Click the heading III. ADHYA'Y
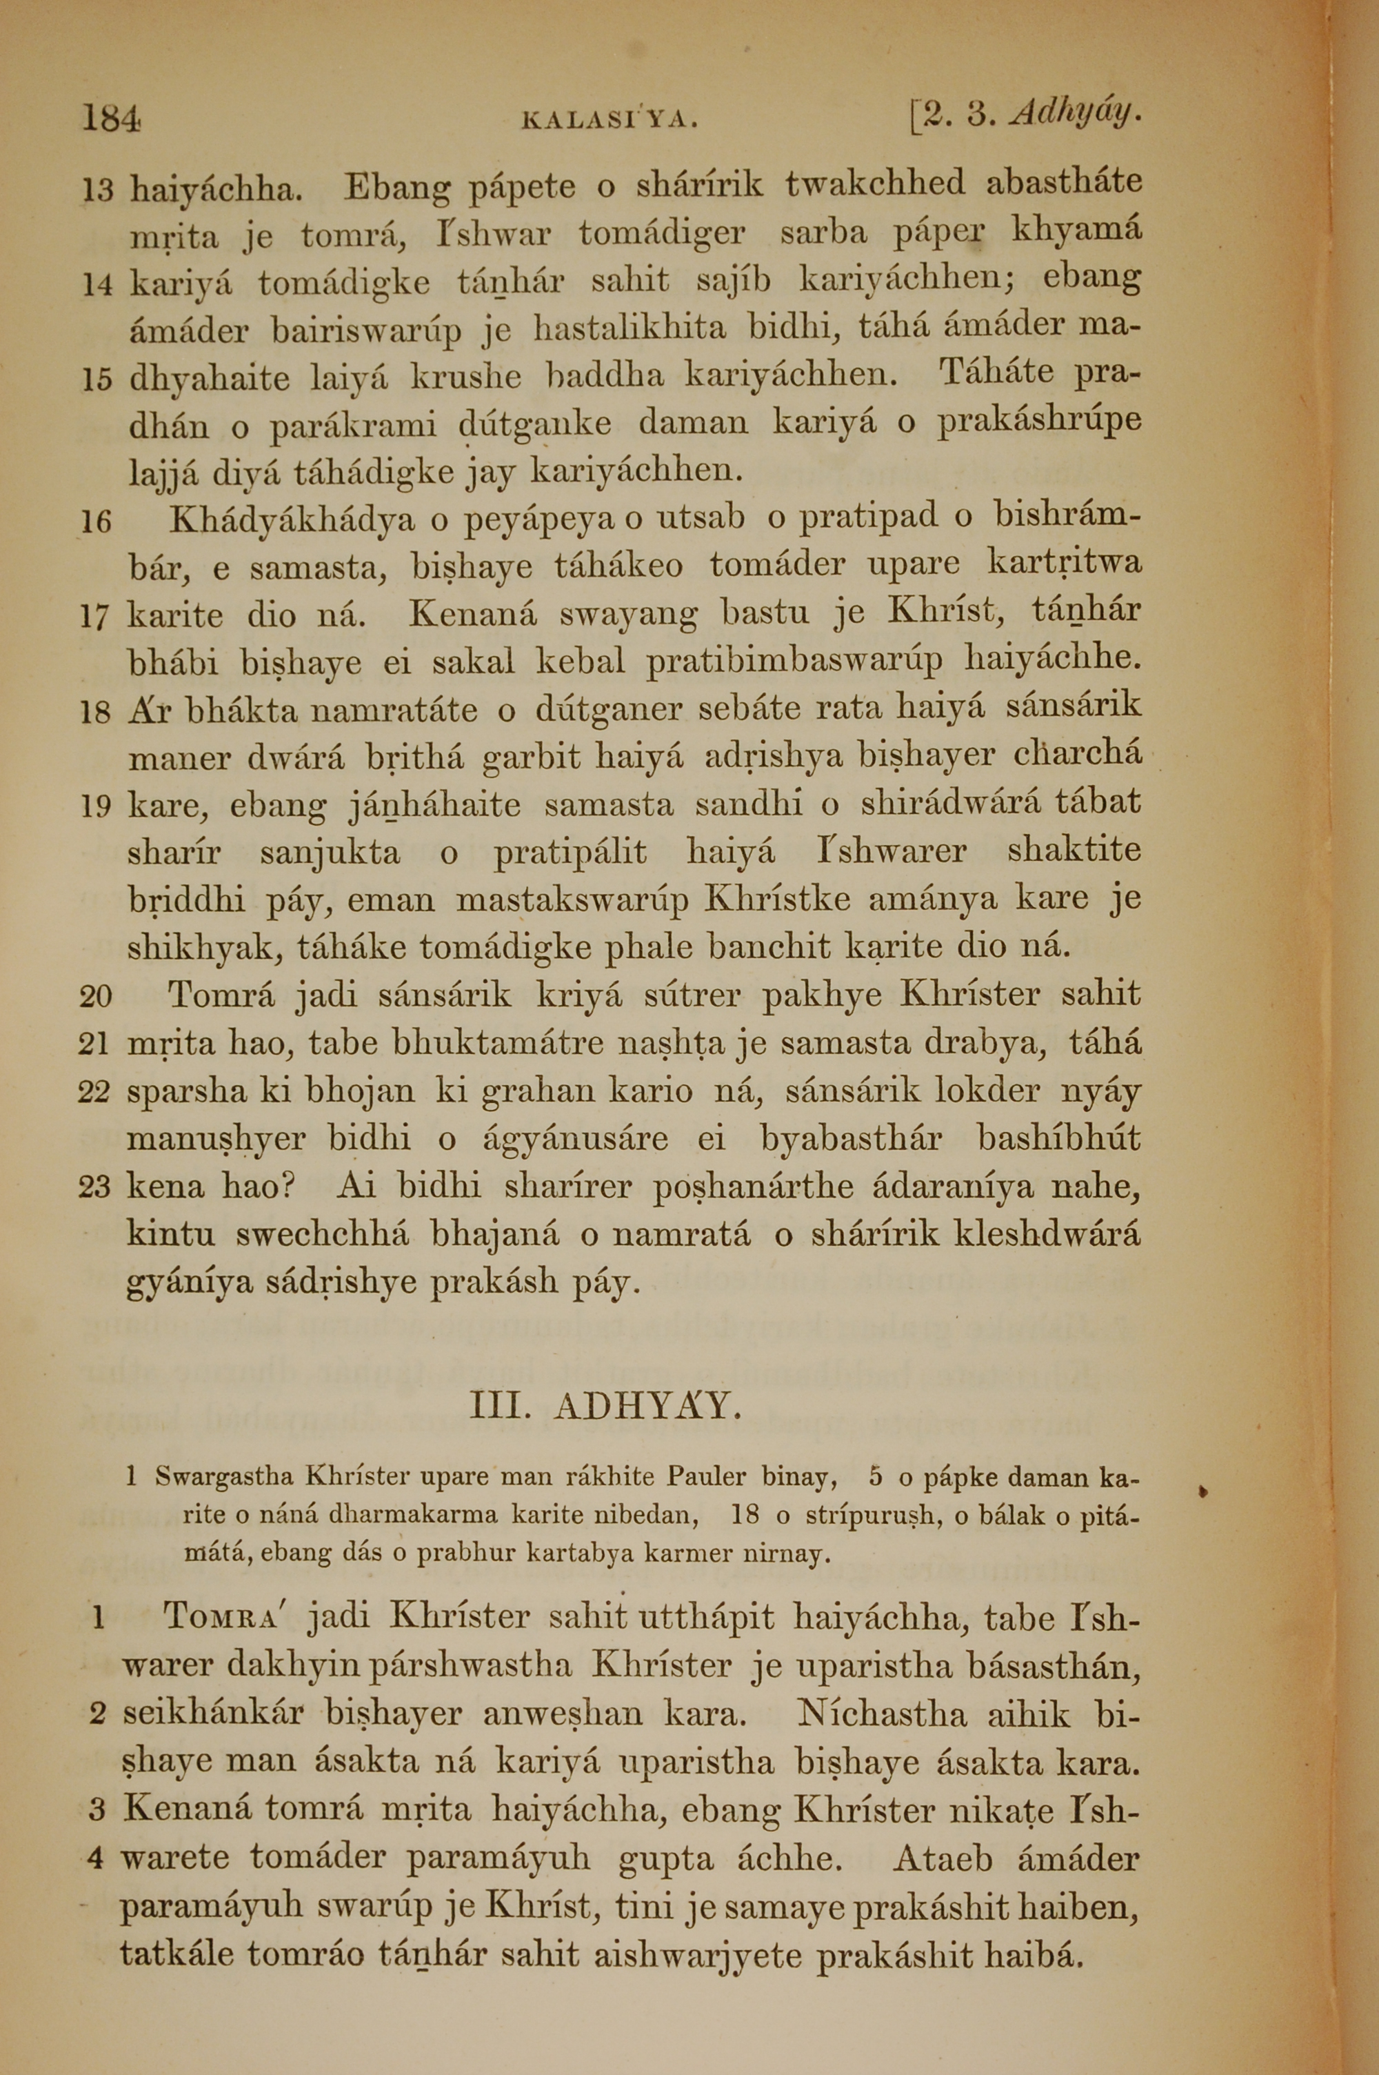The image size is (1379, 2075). coord(607,1407)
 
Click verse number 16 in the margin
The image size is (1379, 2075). coord(96,522)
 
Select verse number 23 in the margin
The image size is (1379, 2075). coord(95,1187)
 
